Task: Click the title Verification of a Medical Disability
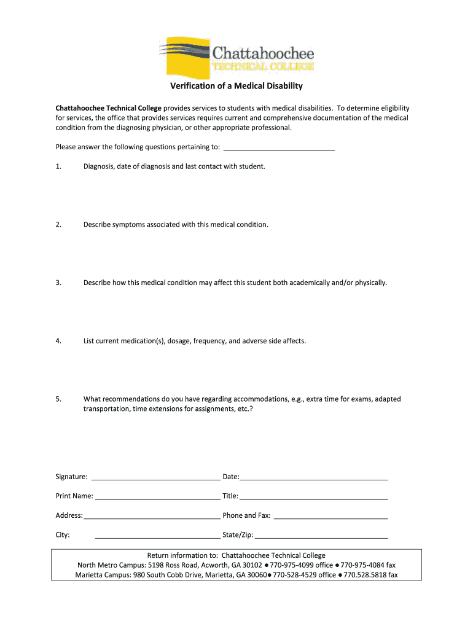pyautogui.click(x=237, y=86)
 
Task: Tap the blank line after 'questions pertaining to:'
pyautogui.click(x=279, y=147)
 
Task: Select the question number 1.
pyautogui.click(x=58, y=166)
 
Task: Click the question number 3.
pyautogui.click(x=58, y=283)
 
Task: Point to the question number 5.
pyautogui.click(x=58, y=399)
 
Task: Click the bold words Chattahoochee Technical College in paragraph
pyautogui.click(x=108, y=108)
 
